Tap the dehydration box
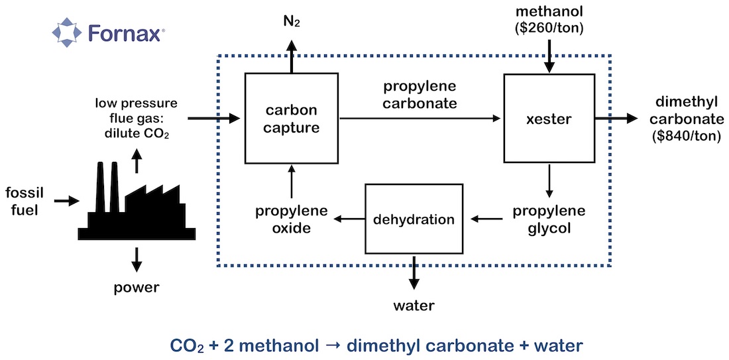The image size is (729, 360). coord(414,219)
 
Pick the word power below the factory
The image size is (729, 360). coord(137,288)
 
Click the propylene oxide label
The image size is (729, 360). coord(292,219)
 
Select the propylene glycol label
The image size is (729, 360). coord(549,219)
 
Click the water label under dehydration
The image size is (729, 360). coord(414,306)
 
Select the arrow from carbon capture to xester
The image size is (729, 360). coord(420,119)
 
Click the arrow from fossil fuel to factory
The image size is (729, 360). coord(66,200)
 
